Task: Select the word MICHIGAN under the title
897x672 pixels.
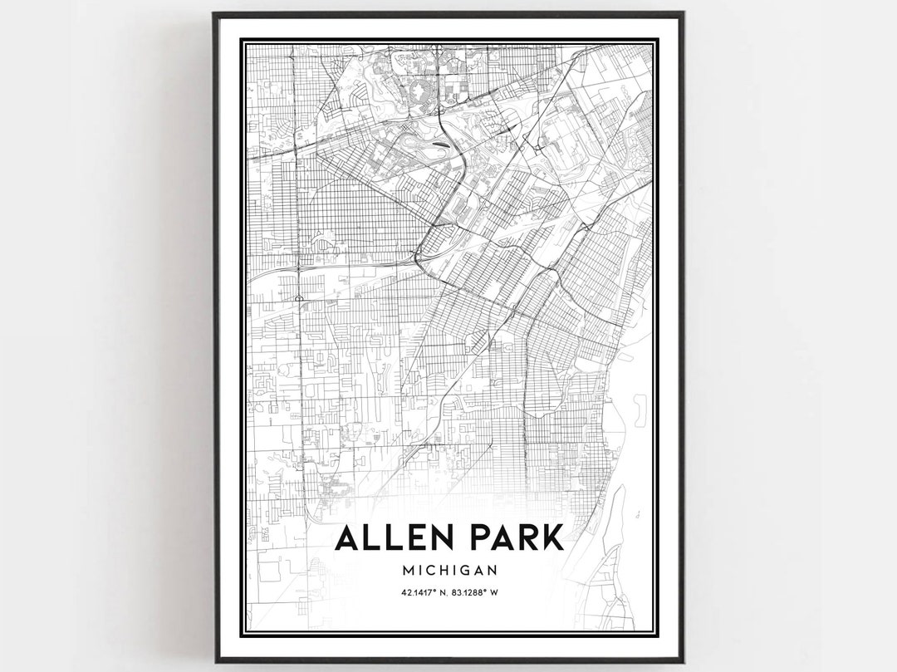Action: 448,571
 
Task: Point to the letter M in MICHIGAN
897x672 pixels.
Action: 407,571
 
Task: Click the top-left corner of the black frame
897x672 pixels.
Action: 214,13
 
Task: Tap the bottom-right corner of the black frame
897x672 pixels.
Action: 683,661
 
